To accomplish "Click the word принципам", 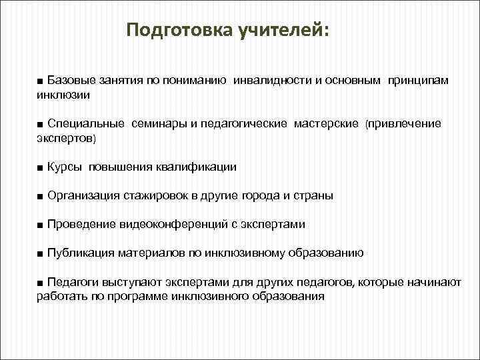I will [x=416, y=81].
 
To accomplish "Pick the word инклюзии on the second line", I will [x=63, y=95].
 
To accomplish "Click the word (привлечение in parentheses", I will [x=403, y=124].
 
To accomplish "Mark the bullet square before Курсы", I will [x=41, y=167].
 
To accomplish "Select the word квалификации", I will [x=197, y=167].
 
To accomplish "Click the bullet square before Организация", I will [x=41, y=196].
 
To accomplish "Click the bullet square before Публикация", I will [x=41, y=253].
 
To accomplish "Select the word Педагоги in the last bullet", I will [x=71, y=283].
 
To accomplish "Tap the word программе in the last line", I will [x=135, y=297].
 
